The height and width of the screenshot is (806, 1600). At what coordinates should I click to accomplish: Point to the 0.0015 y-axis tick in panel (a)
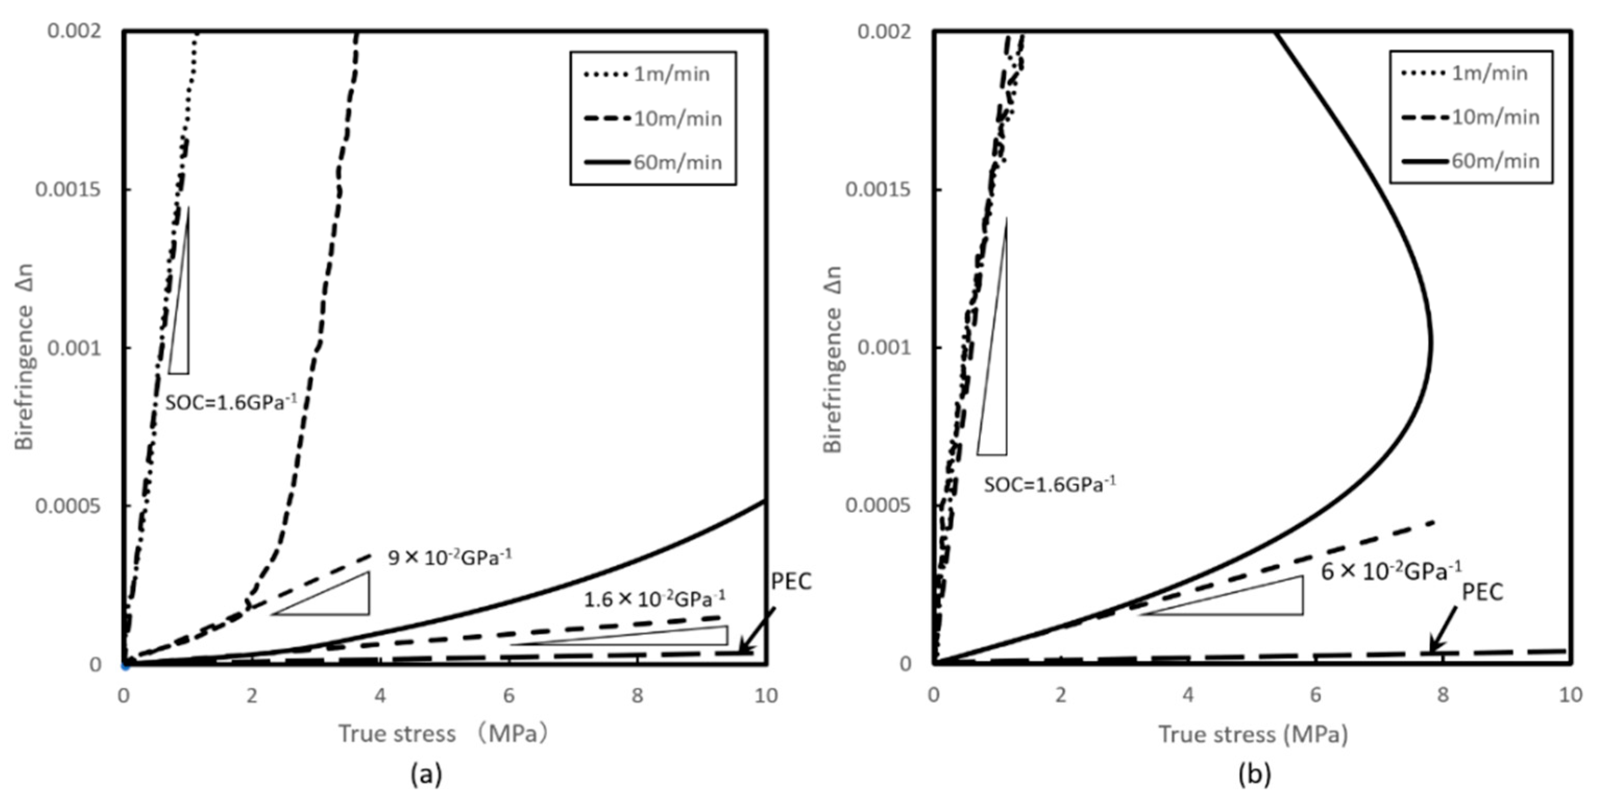click(x=68, y=190)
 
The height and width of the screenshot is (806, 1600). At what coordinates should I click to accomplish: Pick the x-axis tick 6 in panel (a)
click(x=509, y=695)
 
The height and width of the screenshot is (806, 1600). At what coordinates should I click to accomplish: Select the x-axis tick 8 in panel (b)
click(x=1443, y=695)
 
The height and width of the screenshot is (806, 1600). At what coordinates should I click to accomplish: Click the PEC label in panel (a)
click(x=791, y=582)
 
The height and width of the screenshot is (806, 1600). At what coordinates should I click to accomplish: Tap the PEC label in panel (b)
click(x=1482, y=593)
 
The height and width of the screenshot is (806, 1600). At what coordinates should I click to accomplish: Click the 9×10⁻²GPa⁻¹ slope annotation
click(x=450, y=557)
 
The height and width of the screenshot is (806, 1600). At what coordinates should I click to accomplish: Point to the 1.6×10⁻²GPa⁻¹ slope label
click(x=654, y=599)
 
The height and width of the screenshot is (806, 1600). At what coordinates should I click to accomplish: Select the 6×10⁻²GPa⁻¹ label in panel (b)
click(x=1390, y=570)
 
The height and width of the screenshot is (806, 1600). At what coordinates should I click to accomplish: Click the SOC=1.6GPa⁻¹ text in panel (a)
click(x=237, y=402)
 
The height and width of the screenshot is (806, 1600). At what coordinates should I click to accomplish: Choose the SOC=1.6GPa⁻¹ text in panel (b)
click(x=1049, y=484)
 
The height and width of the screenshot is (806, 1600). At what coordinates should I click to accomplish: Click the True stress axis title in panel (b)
click(x=1253, y=735)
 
